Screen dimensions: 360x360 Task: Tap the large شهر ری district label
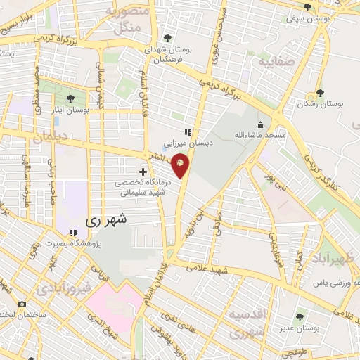[x=108, y=219]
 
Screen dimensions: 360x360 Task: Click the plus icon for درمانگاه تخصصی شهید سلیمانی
[x=143, y=172]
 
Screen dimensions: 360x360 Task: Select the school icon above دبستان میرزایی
[x=187, y=132]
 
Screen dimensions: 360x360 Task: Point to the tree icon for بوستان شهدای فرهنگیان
[x=167, y=39]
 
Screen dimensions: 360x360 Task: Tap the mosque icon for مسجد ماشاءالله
[x=261, y=124]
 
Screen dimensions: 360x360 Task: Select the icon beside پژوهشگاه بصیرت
[x=72, y=233]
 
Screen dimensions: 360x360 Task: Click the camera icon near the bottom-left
[x=22, y=304]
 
